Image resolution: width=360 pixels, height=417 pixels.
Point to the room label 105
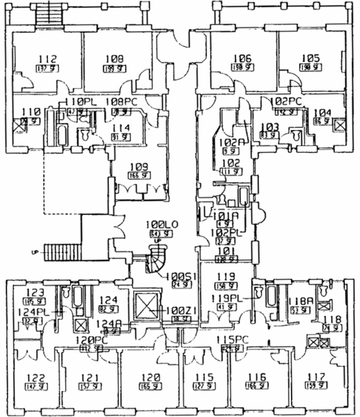tap(311, 58)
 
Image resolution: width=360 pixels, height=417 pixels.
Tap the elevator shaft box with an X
tap(149, 304)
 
